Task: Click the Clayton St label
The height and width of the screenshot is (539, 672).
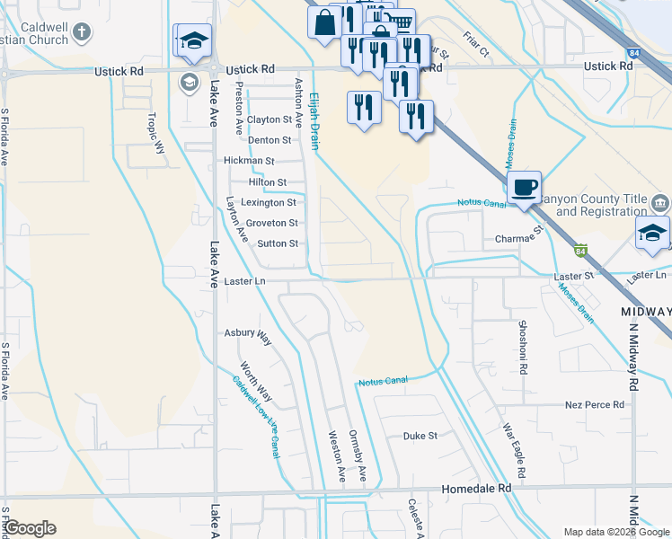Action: [x=270, y=119]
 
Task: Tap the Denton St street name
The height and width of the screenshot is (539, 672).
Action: [x=270, y=140]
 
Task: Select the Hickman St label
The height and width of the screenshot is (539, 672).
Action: [x=249, y=161]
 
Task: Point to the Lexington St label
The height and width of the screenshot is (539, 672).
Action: [x=269, y=203]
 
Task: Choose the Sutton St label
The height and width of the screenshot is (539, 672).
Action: [x=278, y=243]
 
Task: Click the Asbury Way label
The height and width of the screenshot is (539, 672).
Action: [x=248, y=336]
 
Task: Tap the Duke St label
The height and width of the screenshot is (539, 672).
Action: [x=420, y=436]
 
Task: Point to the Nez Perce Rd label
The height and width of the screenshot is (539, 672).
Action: [x=594, y=405]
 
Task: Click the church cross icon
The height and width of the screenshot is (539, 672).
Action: [x=81, y=33]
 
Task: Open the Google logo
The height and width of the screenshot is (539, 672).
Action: [x=30, y=528]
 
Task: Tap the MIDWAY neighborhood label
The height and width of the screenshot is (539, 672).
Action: [x=646, y=311]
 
